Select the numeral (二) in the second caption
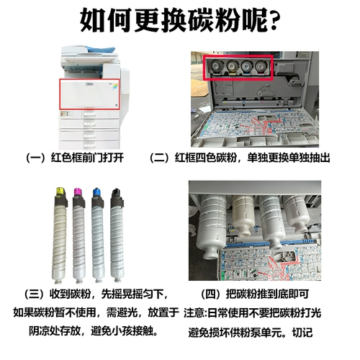pyautogui.click(x=160, y=157)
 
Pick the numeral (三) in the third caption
pyautogui.click(x=33, y=294)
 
